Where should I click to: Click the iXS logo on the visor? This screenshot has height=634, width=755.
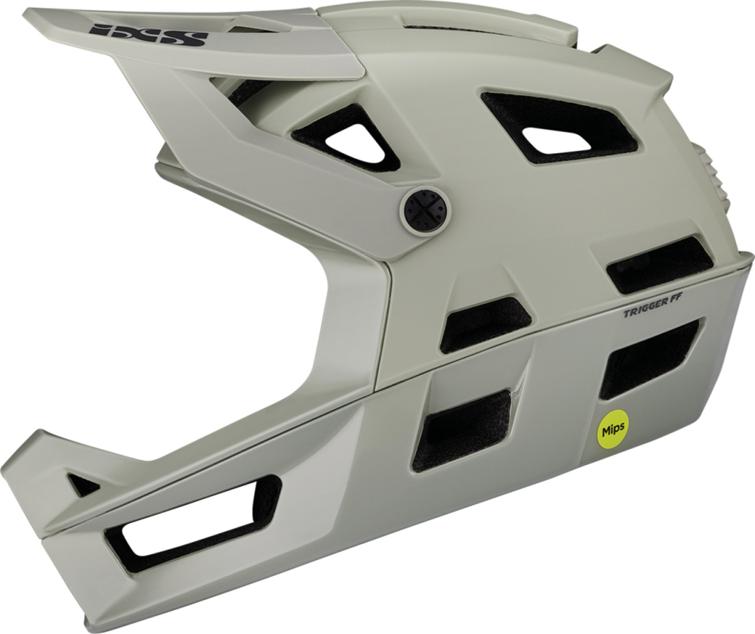(x=148, y=35)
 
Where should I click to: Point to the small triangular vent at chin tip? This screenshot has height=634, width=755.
(x=83, y=484)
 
